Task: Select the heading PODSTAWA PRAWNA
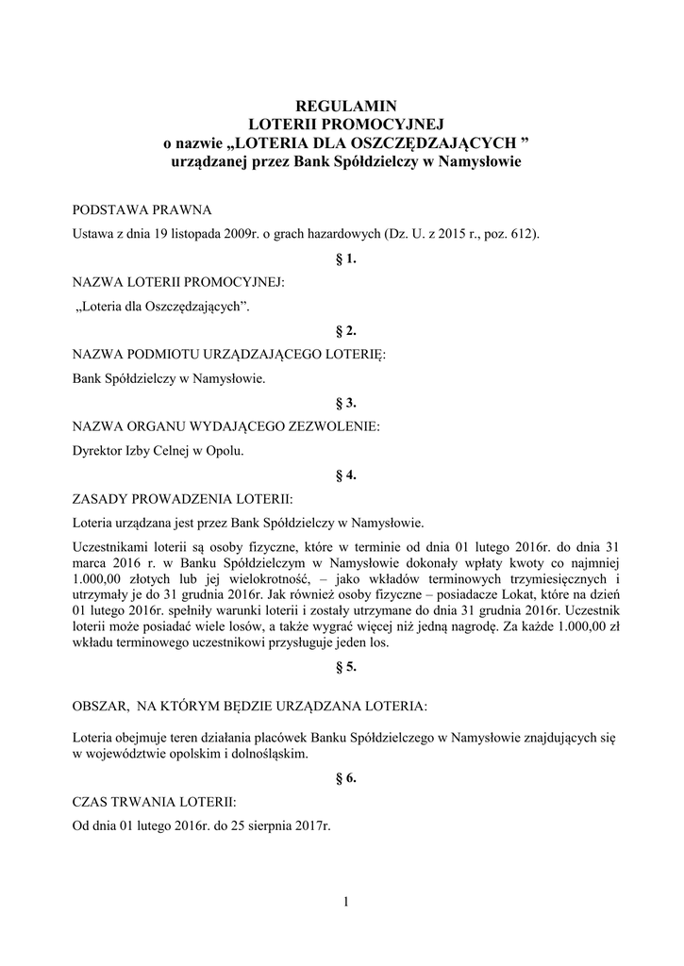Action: click(x=142, y=208)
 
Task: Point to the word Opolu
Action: click(x=225, y=451)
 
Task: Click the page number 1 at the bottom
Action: click(x=345, y=903)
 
